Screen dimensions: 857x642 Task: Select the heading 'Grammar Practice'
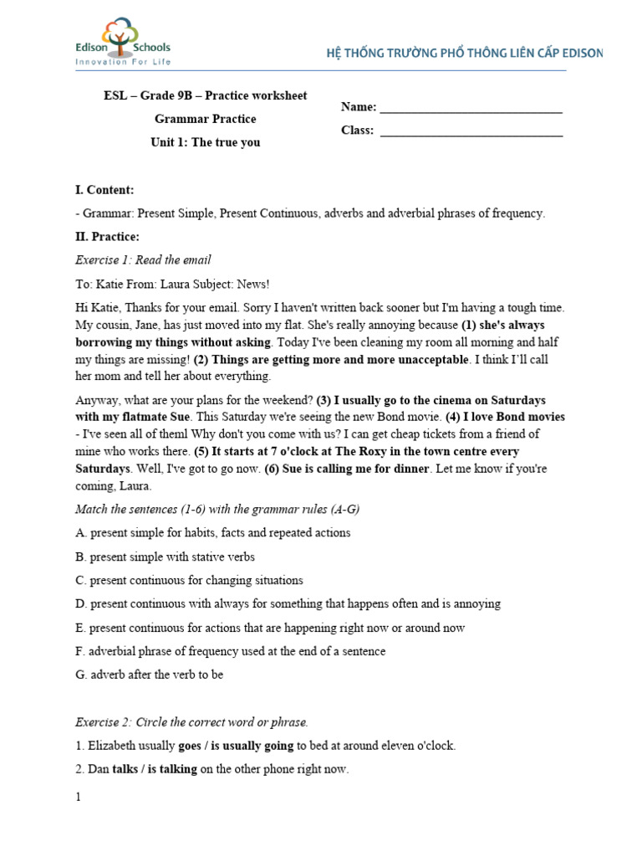pos(205,119)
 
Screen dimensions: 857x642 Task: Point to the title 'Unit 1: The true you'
pos(205,142)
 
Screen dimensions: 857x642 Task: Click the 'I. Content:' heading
pos(104,190)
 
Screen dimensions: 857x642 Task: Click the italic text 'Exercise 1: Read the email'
pos(143,260)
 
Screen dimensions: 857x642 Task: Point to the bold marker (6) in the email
pos(272,469)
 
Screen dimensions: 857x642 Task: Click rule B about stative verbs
pos(165,557)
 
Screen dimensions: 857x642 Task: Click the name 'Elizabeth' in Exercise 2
pos(113,746)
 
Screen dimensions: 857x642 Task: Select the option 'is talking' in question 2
pos(172,769)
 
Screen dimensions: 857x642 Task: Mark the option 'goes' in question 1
pos(190,746)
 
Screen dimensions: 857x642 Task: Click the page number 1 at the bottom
pos(79,798)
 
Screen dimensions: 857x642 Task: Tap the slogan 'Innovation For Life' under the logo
pos(122,62)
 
